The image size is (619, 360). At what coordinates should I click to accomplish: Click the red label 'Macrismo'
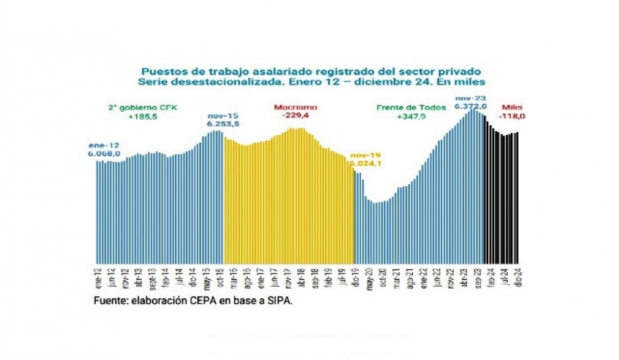pyautogui.click(x=296, y=107)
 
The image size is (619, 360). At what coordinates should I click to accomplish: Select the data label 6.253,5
pyautogui.click(x=223, y=123)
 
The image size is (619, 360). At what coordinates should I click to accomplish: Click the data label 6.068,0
pyautogui.click(x=105, y=153)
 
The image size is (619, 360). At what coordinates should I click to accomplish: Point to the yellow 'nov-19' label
pyautogui.click(x=365, y=154)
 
